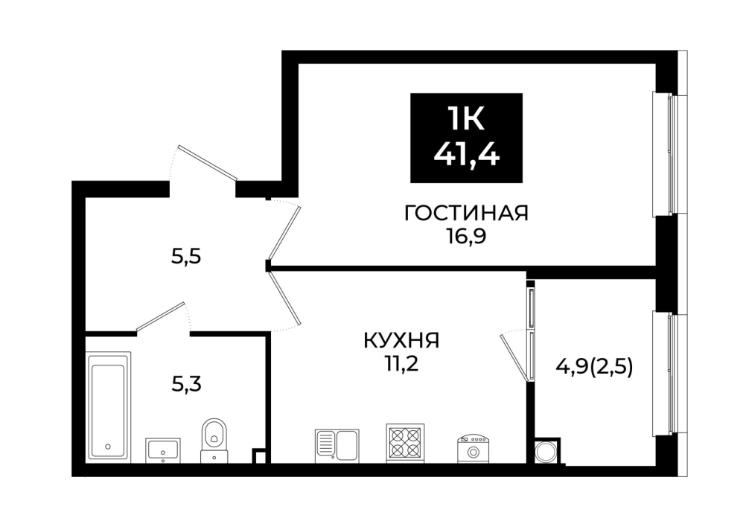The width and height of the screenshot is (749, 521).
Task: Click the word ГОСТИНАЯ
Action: coord(466,213)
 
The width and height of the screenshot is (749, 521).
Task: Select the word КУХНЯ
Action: coord(401,341)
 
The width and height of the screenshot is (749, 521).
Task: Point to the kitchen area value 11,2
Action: coord(401,365)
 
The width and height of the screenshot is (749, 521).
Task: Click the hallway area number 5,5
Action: coord(186,258)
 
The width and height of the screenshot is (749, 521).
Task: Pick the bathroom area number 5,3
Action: coord(186,384)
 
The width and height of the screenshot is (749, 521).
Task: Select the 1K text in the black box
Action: coord(466,118)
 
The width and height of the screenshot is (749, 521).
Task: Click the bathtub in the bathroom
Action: coord(109,407)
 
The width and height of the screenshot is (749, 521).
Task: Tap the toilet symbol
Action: coord(214,439)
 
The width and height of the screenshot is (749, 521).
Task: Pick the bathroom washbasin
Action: coord(163,450)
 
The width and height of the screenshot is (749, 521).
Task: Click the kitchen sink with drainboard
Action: coord(337,446)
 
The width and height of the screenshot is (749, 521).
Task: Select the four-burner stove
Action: coord(405,443)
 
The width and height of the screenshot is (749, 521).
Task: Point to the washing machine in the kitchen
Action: coord(474,448)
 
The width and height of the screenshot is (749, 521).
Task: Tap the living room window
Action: coord(669,154)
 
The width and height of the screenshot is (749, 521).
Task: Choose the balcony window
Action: coord(669,374)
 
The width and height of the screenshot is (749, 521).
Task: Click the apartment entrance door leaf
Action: coord(207,163)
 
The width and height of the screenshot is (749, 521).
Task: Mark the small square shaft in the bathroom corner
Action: coord(259,456)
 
